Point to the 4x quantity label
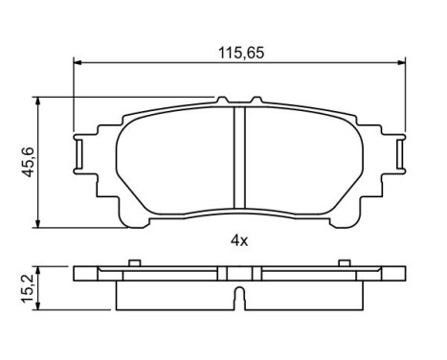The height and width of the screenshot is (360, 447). tap(238, 240)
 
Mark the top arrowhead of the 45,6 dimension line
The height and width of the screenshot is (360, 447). tap(37, 99)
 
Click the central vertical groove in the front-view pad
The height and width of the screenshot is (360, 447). tap(239, 158)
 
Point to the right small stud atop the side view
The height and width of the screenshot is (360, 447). tap(343, 261)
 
